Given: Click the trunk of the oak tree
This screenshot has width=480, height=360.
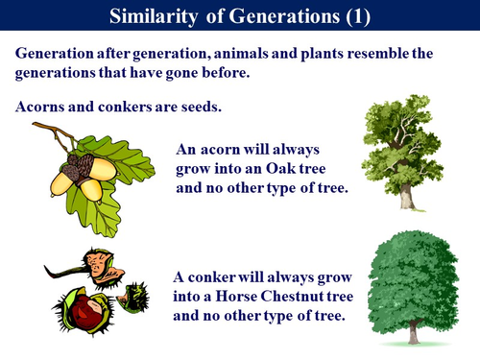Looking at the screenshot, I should [406, 195].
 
